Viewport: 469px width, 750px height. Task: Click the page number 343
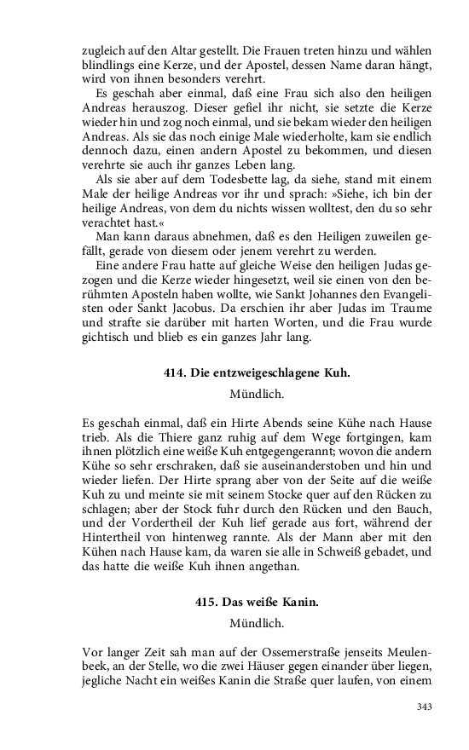[425, 706]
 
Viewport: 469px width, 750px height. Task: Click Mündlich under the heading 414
[257, 395]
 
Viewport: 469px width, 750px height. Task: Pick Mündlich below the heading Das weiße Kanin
[257, 624]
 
